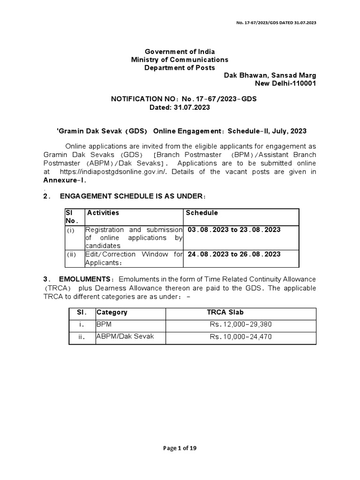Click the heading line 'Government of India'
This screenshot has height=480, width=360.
[x=180, y=51]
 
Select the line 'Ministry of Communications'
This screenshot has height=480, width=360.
[x=180, y=60]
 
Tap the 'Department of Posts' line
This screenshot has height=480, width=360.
[x=180, y=68]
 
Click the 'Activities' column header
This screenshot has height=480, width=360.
[x=103, y=213]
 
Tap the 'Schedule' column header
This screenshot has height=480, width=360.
[x=202, y=213]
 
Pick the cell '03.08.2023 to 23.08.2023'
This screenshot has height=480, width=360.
[x=234, y=230]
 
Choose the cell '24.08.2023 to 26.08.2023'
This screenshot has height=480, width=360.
[x=234, y=254]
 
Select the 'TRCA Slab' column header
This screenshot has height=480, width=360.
[x=225, y=312]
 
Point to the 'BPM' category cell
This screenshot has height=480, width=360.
[x=103, y=324]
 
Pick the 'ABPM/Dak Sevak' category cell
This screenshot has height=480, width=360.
[x=119, y=337]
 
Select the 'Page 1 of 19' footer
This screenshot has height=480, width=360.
[x=180, y=448]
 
